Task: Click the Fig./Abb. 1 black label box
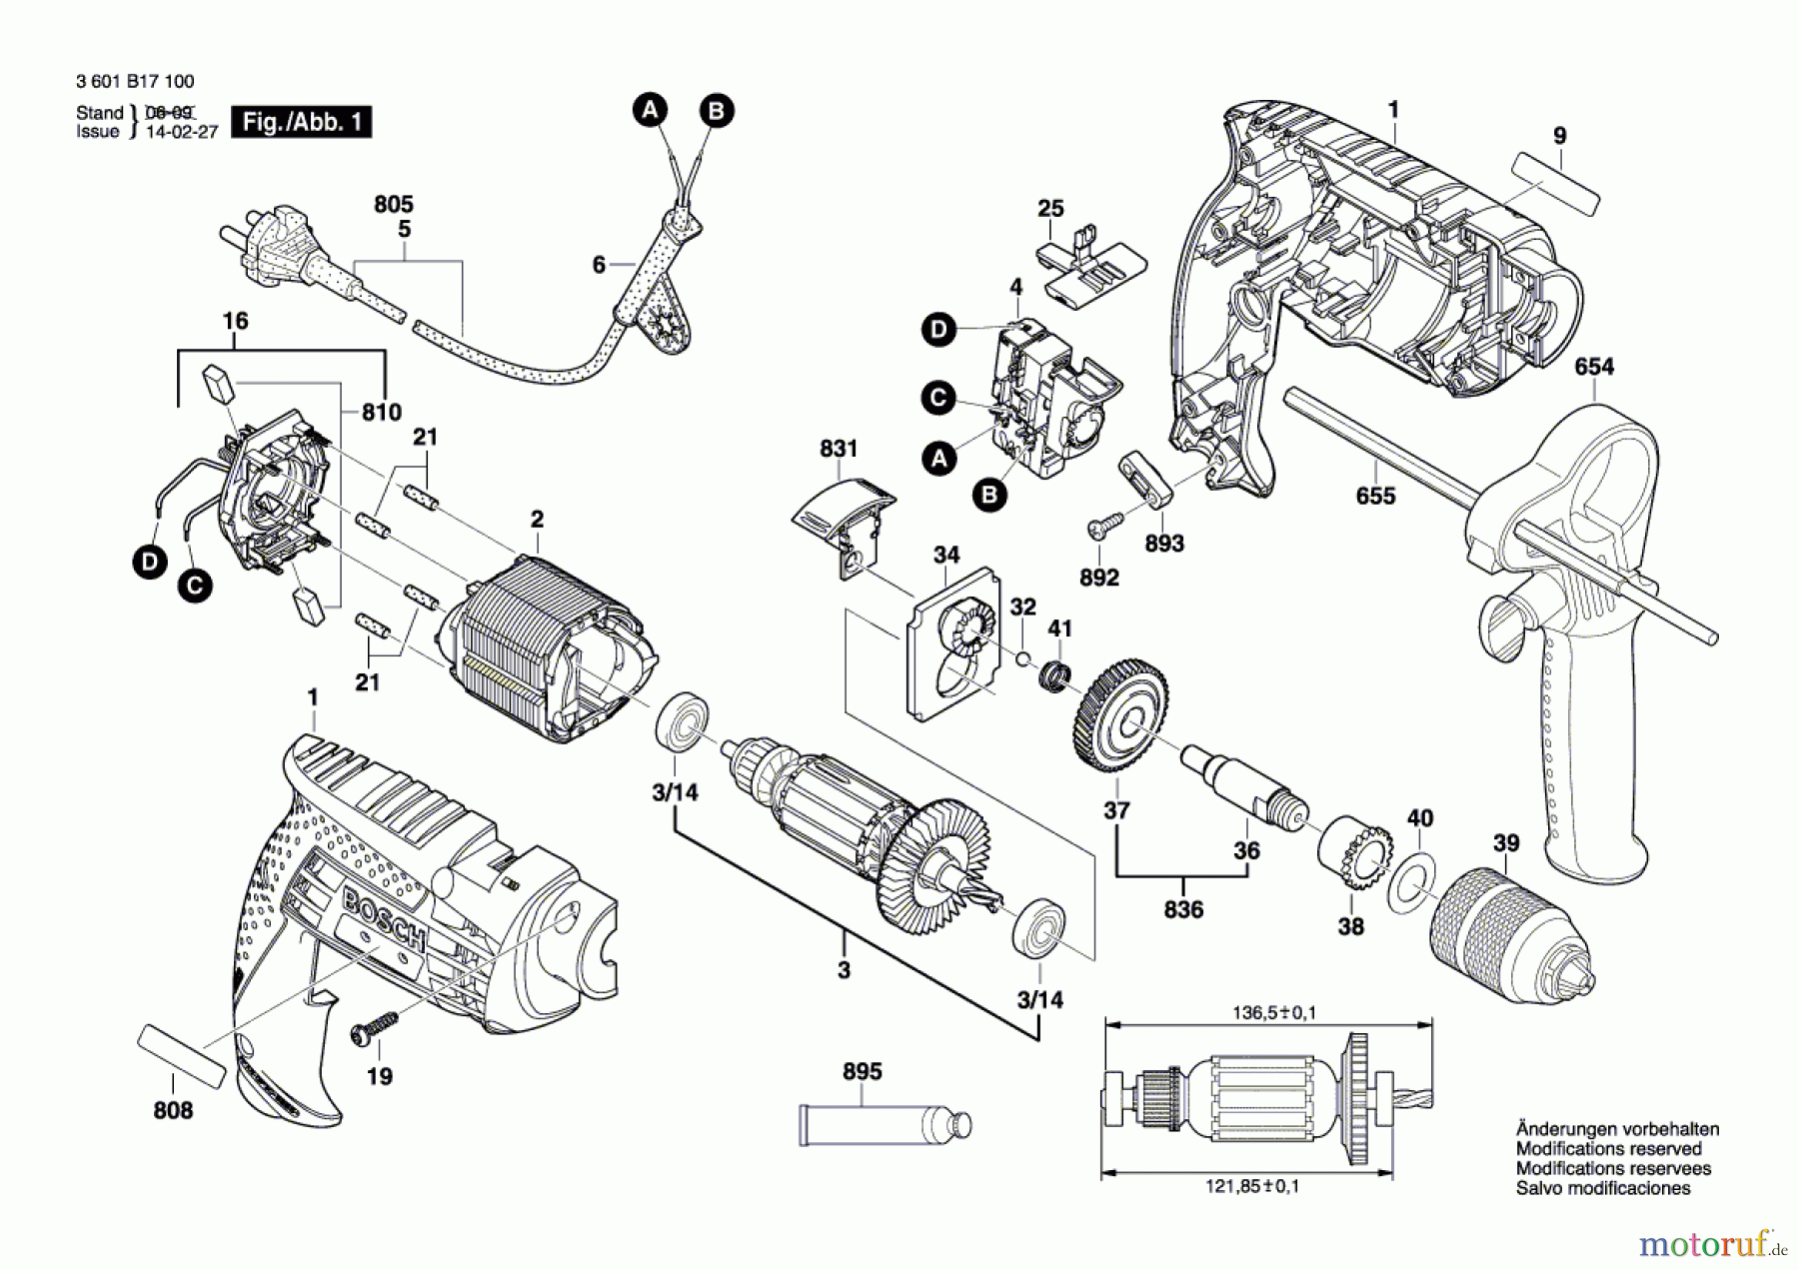[x=301, y=122]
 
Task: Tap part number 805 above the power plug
[x=394, y=204]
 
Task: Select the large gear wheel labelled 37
[x=1121, y=714]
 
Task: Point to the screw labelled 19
[x=373, y=1029]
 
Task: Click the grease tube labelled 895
[x=884, y=1124]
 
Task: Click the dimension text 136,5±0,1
[x=1273, y=1013]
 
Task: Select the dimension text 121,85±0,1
[x=1252, y=1186]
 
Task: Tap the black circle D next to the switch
[x=938, y=330]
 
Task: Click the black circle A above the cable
[x=651, y=109]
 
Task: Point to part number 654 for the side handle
[x=1593, y=367]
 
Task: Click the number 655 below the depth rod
[x=1375, y=496]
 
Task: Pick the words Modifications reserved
[x=1608, y=1149]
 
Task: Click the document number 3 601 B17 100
[x=135, y=81]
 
